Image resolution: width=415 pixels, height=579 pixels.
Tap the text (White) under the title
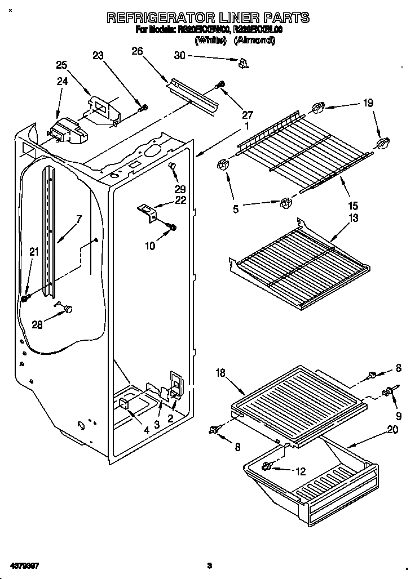click(211, 41)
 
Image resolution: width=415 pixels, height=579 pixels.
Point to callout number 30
click(180, 55)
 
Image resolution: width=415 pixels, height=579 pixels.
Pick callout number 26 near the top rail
click(137, 51)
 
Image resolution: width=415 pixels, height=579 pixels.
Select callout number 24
click(62, 81)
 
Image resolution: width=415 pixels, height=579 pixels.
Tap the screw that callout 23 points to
click(144, 107)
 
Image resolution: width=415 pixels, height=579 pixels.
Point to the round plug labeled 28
click(69, 308)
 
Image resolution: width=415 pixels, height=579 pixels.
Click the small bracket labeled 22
click(148, 212)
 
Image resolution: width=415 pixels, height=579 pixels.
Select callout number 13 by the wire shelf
click(354, 218)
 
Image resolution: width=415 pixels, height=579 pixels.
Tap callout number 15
click(354, 206)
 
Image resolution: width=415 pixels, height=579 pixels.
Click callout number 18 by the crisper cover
click(221, 372)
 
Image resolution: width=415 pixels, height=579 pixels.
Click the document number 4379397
click(24, 564)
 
